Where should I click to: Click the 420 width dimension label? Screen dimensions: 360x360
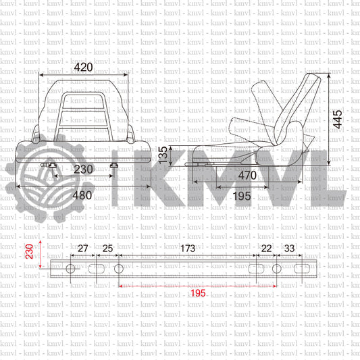tap(83, 68)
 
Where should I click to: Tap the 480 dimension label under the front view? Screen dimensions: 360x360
tap(82, 195)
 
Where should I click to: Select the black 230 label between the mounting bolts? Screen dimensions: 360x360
tap(83, 170)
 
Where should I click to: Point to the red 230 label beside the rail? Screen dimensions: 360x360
tap(30, 252)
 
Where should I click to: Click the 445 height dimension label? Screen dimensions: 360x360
tap(338, 120)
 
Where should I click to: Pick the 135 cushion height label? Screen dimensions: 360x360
tap(163, 155)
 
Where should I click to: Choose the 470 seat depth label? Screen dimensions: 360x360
tap(247, 176)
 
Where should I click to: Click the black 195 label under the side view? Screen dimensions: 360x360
tap(242, 197)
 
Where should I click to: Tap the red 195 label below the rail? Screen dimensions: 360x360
tap(198, 293)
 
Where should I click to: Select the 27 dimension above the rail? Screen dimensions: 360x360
tap(83, 249)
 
